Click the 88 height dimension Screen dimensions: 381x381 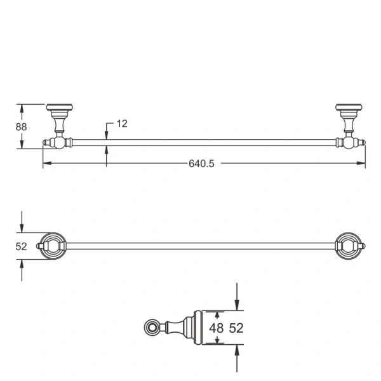(x=21, y=126)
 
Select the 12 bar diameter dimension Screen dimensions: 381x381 (x=122, y=124)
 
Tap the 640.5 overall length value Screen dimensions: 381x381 (x=202, y=164)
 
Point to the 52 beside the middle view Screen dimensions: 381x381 (x=21, y=246)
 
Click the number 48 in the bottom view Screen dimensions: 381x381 (x=217, y=328)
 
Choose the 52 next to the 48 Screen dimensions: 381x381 (x=236, y=328)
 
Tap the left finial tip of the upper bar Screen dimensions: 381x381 (x=45, y=143)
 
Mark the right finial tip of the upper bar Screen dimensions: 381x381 (x=363, y=143)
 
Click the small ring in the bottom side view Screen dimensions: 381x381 (x=151, y=328)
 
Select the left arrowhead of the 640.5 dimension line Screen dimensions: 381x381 (x=45, y=164)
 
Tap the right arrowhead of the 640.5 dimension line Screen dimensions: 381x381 (x=363, y=164)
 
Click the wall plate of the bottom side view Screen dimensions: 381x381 (x=197, y=328)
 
